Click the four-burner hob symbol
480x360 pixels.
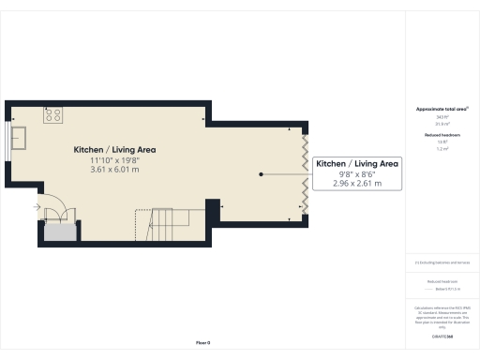coord(52,116)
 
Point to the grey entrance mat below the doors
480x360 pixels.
coord(61,231)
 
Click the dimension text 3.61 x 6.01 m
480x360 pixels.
coord(114,170)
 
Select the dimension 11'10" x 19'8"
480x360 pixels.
coord(114,160)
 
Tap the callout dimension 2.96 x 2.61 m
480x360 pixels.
coord(357,184)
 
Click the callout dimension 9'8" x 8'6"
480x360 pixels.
coord(357,173)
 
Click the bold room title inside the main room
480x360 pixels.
coord(114,149)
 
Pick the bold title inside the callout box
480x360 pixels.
coord(357,163)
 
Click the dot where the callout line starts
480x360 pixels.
coord(262,173)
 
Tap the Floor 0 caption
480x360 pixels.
coord(202,344)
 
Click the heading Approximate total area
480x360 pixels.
coord(441,110)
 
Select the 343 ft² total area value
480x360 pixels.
coord(441,117)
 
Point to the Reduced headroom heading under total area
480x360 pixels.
coord(441,136)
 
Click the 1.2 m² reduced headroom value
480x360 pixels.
coord(441,149)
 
